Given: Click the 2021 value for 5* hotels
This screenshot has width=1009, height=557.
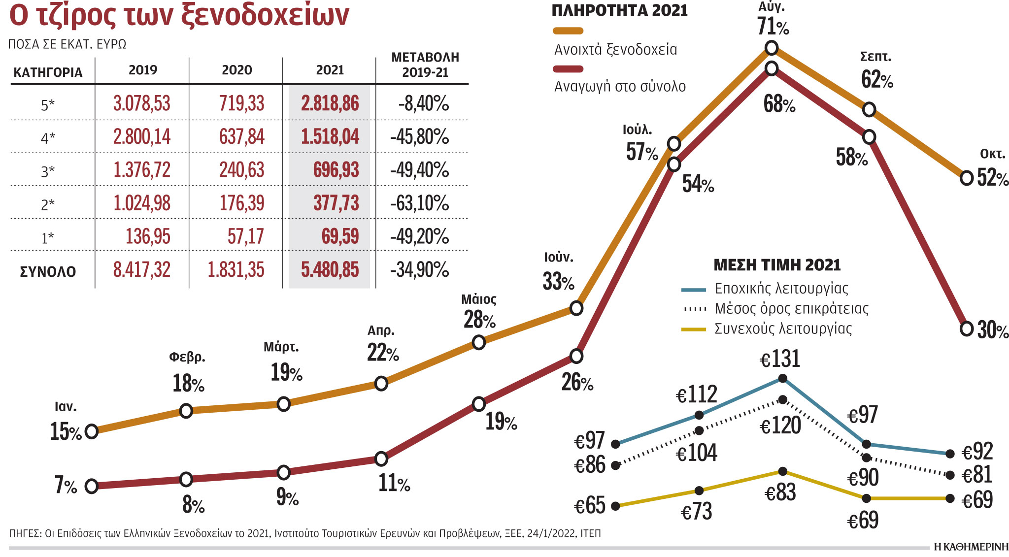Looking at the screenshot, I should pyautogui.click(x=330, y=103).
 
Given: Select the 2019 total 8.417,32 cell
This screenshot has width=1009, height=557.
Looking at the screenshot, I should pyautogui.click(x=142, y=270).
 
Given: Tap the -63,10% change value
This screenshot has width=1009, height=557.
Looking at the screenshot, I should pyautogui.click(x=419, y=203).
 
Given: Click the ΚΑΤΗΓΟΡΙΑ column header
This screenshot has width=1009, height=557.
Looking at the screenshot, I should pyautogui.click(x=48, y=72).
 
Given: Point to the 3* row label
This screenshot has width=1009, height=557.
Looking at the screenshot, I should pyautogui.click(x=48, y=171).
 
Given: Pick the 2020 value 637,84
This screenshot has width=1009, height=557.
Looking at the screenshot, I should pyautogui.click(x=241, y=136).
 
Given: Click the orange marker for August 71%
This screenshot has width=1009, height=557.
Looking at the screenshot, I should pyautogui.click(x=772, y=48).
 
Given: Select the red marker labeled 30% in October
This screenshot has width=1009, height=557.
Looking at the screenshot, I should pyautogui.click(x=967, y=328).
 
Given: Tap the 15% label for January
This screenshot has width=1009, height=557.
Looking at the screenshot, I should pyautogui.click(x=66, y=431).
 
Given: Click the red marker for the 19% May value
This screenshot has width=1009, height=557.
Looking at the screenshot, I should pyautogui.click(x=479, y=404).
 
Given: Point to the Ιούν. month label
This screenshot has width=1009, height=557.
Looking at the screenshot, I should pyautogui.click(x=558, y=257).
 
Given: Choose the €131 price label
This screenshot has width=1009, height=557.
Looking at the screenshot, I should pyautogui.click(x=780, y=359).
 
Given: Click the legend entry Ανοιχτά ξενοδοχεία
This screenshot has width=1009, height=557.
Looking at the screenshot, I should pyautogui.click(x=615, y=49).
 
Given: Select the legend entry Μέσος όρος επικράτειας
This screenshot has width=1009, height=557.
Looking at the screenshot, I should pyautogui.click(x=791, y=309).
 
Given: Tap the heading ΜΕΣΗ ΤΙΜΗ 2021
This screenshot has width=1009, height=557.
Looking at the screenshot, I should pyautogui.click(x=777, y=265).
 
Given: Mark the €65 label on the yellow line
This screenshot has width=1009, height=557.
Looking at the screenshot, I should pyautogui.click(x=590, y=506).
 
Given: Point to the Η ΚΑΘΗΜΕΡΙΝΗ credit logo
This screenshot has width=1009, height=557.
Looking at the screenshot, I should pyautogui.click(x=971, y=547).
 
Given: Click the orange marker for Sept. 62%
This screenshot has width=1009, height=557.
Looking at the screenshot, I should pyautogui.click(x=869, y=109).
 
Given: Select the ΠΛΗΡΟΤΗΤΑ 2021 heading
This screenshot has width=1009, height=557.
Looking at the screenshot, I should pyautogui.click(x=619, y=10).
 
